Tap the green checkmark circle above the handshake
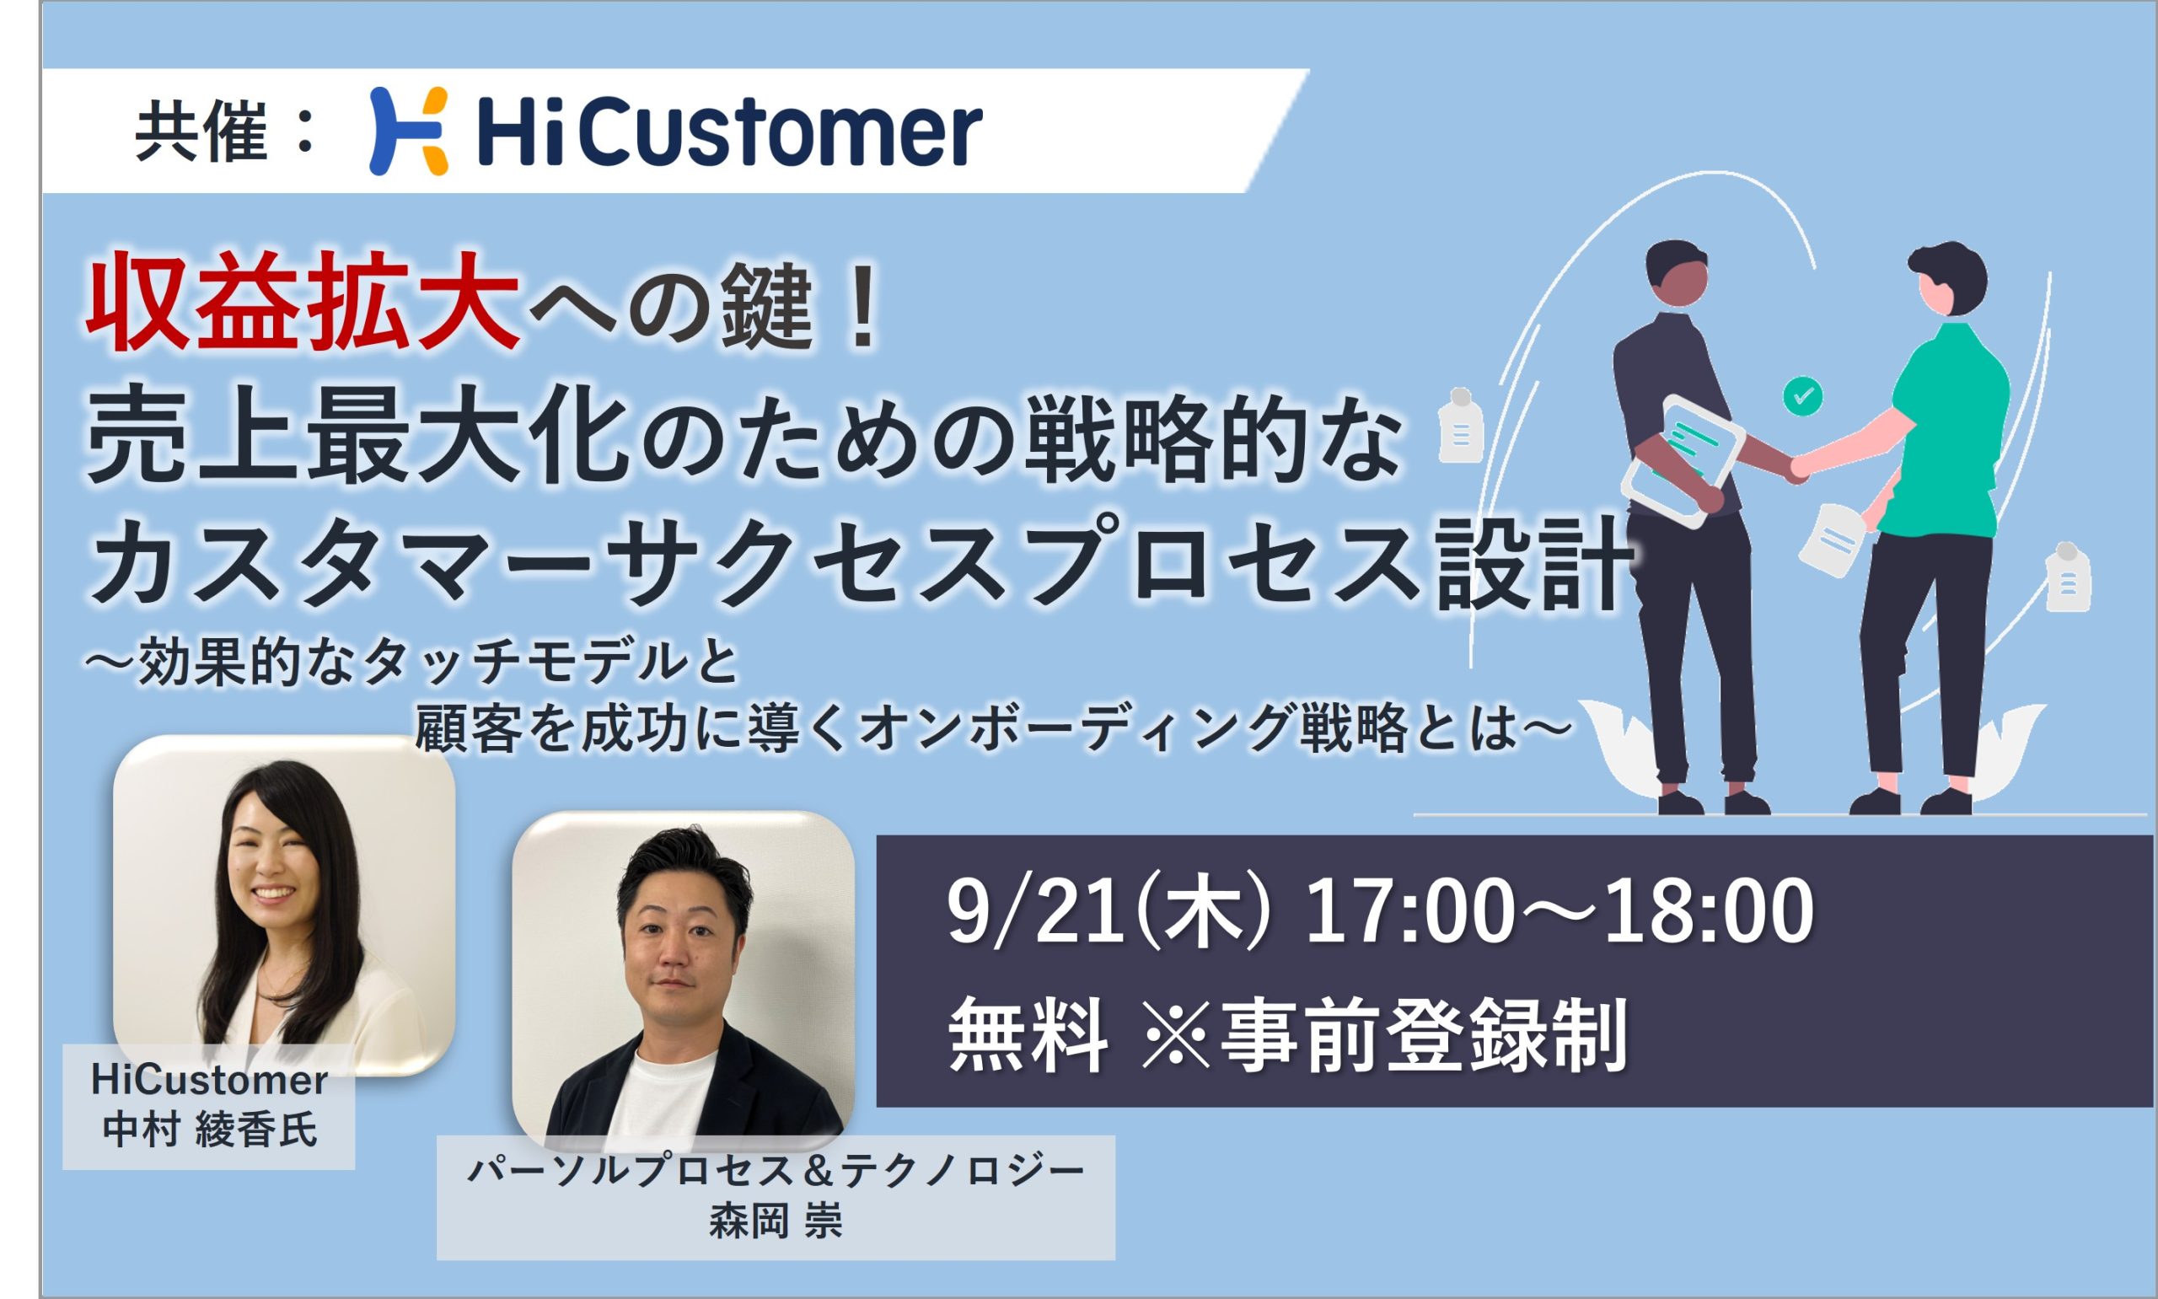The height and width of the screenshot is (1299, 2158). click(1803, 396)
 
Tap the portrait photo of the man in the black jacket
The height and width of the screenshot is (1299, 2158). click(684, 981)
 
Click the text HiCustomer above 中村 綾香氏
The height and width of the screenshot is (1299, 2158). click(210, 1082)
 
